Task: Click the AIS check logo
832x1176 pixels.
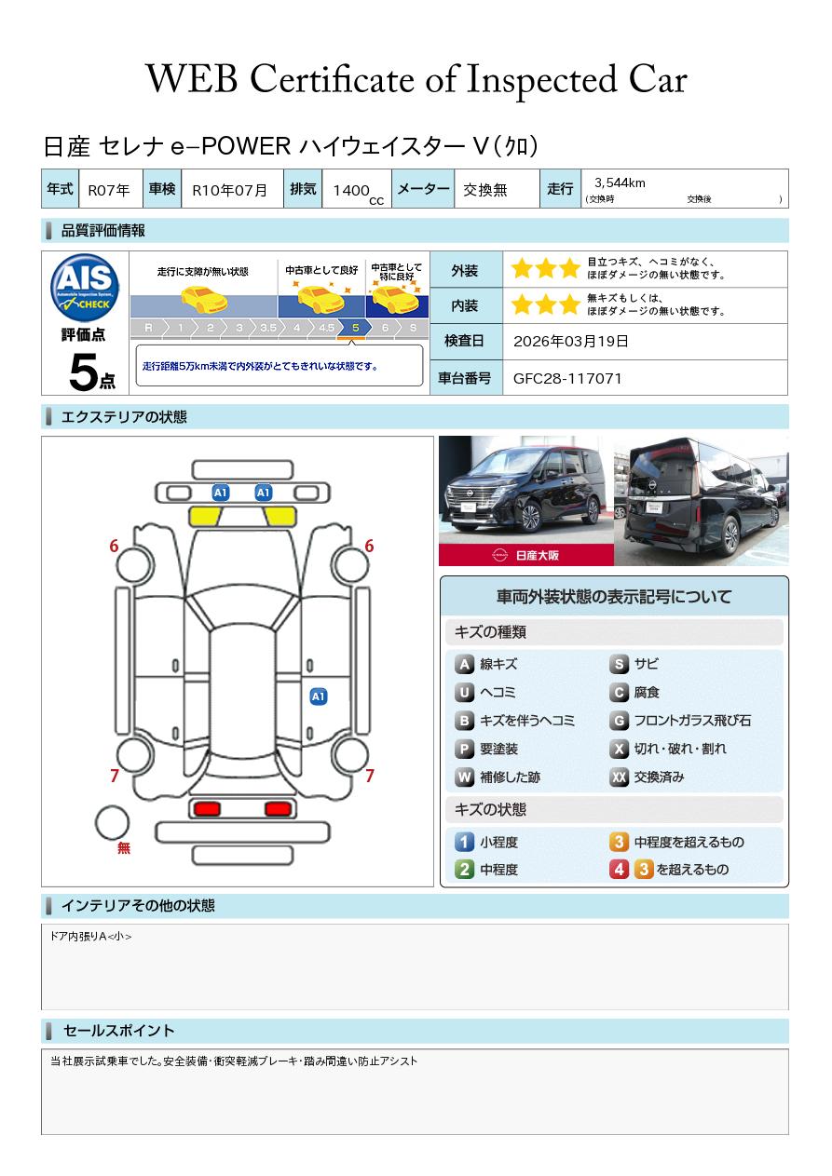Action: (85, 287)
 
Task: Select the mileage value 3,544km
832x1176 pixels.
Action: (620, 182)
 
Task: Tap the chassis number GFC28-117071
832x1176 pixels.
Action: (567, 378)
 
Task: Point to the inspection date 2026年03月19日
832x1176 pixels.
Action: (570, 341)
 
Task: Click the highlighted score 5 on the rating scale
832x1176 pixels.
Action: (356, 328)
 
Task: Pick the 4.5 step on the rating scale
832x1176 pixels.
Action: (326, 328)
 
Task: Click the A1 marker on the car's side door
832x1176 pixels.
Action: (319, 696)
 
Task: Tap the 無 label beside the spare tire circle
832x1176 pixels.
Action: (123, 847)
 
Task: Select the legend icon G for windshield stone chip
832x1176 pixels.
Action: (619, 721)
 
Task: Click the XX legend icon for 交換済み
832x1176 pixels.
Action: (619, 777)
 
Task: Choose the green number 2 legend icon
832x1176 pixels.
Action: (464, 869)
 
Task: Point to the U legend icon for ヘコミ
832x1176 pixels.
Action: (464, 693)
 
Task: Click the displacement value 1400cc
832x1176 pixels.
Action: (358, 192)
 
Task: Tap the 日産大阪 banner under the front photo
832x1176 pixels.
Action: (525, 554)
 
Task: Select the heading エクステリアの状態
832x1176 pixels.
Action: (124, 417)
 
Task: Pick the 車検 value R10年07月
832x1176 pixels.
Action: (229, 190)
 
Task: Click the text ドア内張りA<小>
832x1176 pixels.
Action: (90, 936)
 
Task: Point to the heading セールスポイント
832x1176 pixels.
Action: (118, 1030)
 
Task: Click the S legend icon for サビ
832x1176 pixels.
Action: (619, 664)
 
